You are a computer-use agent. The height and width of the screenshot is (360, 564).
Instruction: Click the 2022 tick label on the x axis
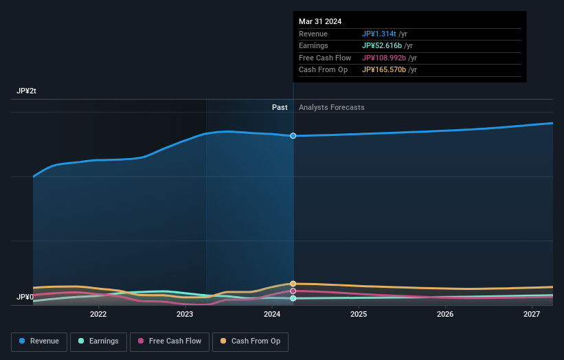tap(98, 315)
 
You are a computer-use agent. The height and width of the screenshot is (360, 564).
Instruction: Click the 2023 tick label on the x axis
tap(185, 315)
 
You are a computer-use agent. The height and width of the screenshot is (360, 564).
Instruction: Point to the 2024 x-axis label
tap(272, 315)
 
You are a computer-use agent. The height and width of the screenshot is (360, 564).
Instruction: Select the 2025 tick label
tap(359, 315)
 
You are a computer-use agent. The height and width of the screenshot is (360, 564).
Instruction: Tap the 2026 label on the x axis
tap(445, 315)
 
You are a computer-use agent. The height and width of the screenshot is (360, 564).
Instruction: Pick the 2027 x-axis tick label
tap(532, 315)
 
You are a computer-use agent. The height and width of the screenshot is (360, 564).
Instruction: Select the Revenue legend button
tap(39, 341)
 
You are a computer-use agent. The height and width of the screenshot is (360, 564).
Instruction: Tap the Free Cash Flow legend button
tap(170, 341)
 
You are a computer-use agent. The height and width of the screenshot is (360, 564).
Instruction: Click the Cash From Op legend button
tap(251, 341)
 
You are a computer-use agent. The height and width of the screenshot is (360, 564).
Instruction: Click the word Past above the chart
tap(280, 107)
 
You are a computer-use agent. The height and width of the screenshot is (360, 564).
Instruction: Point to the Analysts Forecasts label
tap(332, 107)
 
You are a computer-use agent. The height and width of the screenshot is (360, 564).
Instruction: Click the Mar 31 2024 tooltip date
tap(320, 22)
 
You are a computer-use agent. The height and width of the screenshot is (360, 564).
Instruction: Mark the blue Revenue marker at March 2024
tap(293, 136)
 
